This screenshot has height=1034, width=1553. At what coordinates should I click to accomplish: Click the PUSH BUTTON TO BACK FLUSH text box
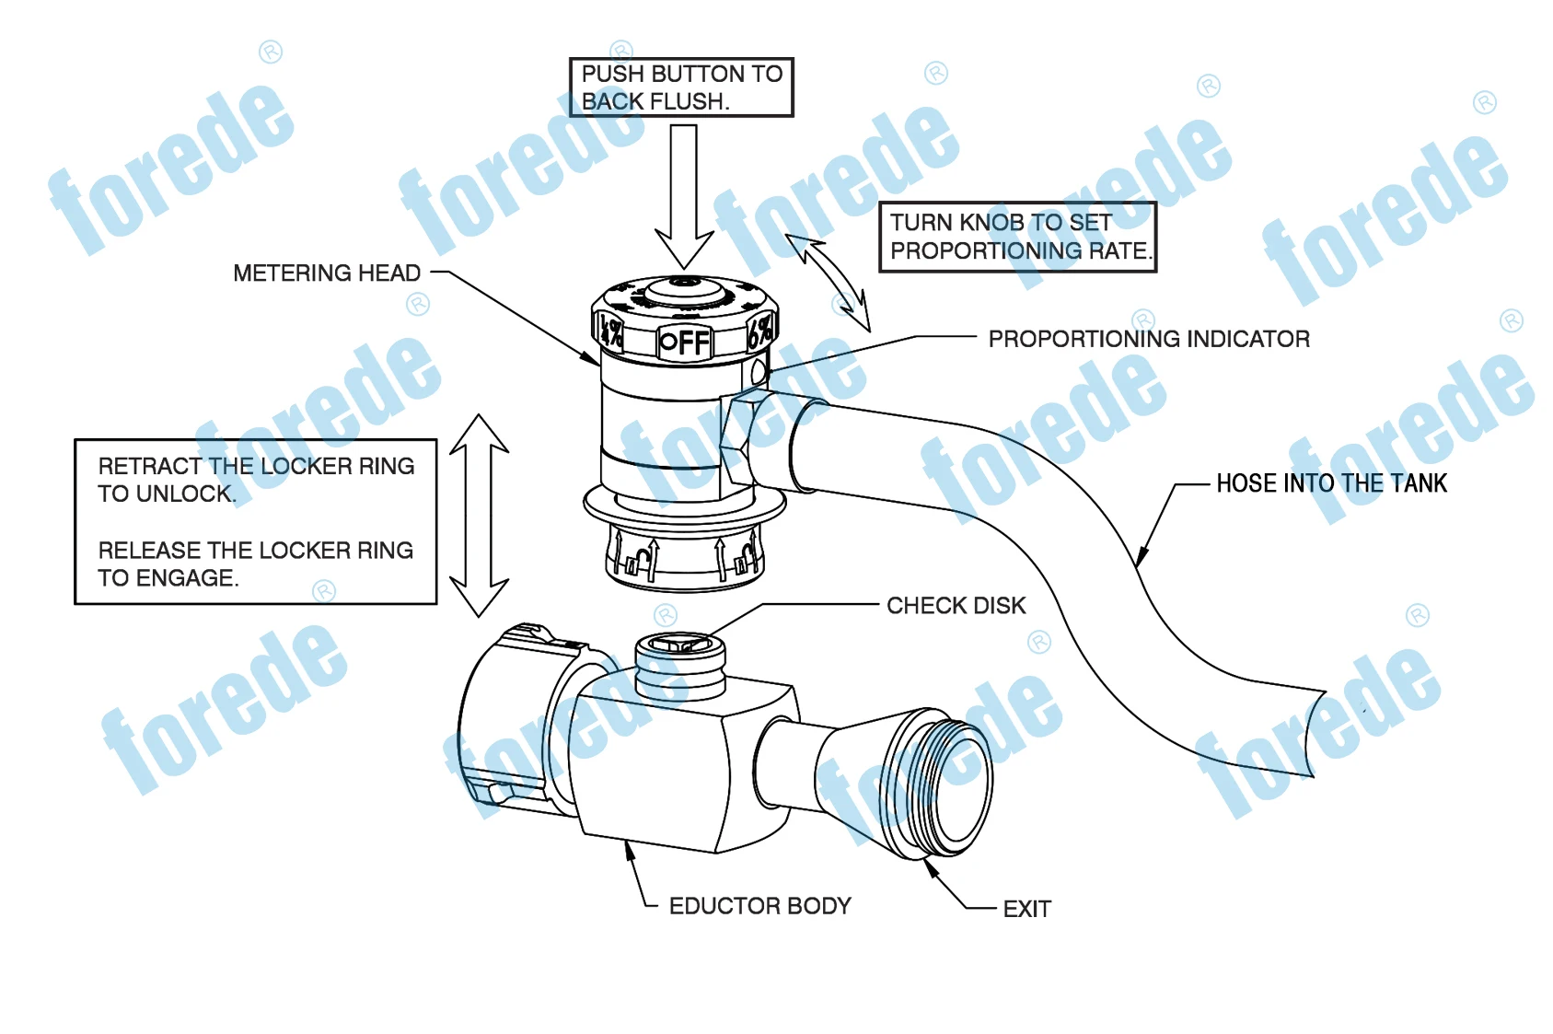pos(681,87)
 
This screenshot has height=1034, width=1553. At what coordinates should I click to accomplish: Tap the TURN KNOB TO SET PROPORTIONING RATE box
pos(1017,237)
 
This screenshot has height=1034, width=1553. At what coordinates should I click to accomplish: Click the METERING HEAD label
pos(326,273)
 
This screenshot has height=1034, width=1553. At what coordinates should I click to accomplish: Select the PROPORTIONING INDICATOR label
pos(1148,339)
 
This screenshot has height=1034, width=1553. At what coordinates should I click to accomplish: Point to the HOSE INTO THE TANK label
pos(1330,483)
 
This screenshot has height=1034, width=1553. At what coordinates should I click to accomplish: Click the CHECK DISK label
pos(956,606)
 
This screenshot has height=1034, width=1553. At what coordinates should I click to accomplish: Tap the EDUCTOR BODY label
pos(759,906)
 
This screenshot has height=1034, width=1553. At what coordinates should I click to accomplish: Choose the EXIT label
pos(1026,910)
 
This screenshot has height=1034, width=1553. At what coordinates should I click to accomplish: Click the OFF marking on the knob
pos(686,343)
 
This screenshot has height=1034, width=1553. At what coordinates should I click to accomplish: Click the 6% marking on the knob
pos(760,331)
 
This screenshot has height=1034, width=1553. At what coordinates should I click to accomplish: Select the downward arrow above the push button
pos(684,198)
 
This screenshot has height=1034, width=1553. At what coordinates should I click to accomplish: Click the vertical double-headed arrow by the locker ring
pos(480,516)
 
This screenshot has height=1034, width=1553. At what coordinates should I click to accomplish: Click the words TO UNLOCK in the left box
pos(167,494)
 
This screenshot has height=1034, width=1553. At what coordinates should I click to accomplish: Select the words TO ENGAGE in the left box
pos(168,578)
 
